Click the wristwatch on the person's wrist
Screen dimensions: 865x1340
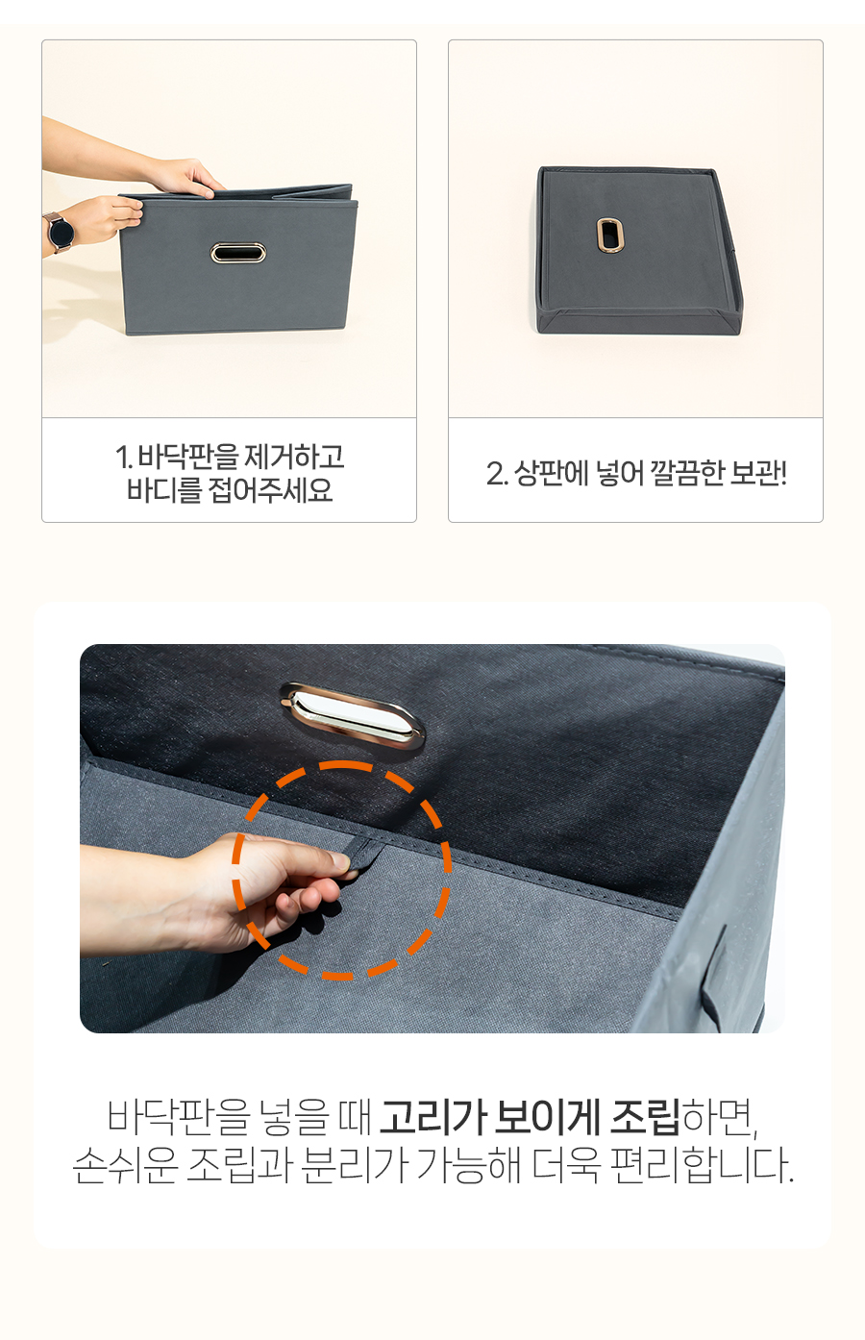coord(60,232)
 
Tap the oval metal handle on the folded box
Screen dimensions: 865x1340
coord(237,253)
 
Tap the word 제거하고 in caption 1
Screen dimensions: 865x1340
coord(294,457)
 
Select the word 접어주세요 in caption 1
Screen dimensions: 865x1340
coord(270,490)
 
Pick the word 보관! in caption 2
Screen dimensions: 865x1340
coord(758,473)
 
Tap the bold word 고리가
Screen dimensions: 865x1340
coord(432,1117)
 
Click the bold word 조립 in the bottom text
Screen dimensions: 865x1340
coord(645,1117)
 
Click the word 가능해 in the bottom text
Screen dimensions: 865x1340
coord(468,1165)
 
